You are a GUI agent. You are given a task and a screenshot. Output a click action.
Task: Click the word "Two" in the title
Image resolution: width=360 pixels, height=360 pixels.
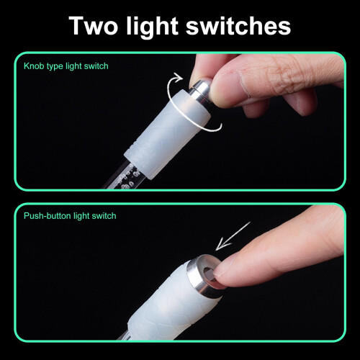pyautogui.click(x=93, y=26)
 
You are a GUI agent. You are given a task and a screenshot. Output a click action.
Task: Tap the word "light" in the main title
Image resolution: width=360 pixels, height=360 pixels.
pyautogui.click(x=152, y=28)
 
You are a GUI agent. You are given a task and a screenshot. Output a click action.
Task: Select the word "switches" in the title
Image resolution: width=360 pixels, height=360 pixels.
pyautogui.click(x=238, y=26)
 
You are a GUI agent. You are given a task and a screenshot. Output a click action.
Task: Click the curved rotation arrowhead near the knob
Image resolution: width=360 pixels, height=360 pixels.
pyautogui.click(x=178, y=77)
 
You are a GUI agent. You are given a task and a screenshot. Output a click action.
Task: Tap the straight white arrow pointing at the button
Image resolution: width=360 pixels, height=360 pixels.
pyautogui.click(x=233, y=236)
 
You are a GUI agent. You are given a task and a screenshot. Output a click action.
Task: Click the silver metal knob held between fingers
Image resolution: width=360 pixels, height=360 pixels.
pyautogui.click(x=201, y=91)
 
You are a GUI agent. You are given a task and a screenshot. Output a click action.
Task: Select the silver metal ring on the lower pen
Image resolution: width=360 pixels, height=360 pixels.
pyautogui.click(x=204, y=276)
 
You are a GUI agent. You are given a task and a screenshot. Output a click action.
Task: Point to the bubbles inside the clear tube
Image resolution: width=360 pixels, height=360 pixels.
pyautogui.click(x=129, y=179)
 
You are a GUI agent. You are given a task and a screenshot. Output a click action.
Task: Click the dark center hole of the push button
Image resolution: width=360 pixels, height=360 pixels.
pyautogui.click(x=208, y=272)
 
